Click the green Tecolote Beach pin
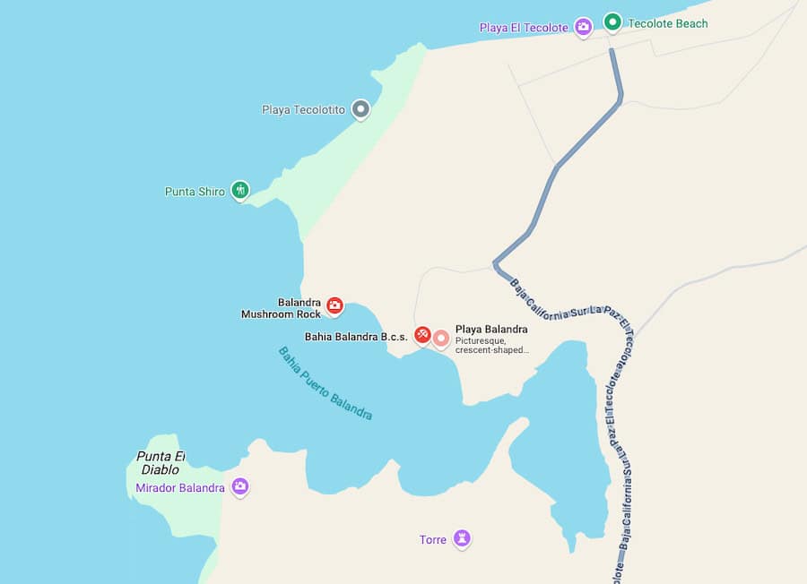pos(612,22)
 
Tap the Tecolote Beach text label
pos(668,23)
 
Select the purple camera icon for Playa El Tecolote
pos(583,27)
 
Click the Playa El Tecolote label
pos(524,28)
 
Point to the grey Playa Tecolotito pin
pos(360,109)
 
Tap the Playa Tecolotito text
pos(303,109)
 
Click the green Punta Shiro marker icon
pos(239,190)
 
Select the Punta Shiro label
pos(195,192)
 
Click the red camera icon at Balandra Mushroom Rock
pos(334,305)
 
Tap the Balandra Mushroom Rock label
pos(282,309)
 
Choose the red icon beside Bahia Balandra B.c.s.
pos(422,335)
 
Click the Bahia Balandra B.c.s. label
pos(356,337)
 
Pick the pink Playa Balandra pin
pos(441,338)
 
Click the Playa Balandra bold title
pos(491,329)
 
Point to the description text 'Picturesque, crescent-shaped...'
pos(491,345)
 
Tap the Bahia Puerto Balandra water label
pos(325,383)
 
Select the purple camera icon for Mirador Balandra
pos(239,486)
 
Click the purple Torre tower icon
pos(462,538)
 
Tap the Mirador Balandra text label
pos(180,488)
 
